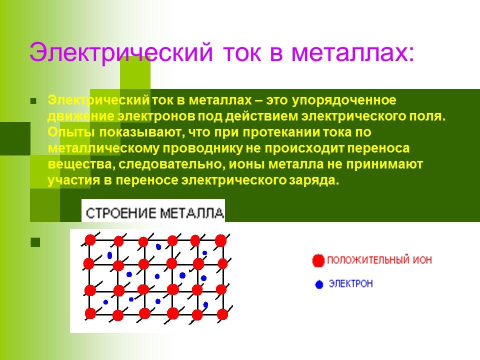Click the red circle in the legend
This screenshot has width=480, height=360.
coord(318,260)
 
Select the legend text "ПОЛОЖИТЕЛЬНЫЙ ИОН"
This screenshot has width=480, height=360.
coord(378,260)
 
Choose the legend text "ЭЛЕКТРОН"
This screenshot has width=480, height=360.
coord(350,284)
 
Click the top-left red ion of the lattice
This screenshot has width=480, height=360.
coord(90,240)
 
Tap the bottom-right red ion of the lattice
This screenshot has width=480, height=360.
coord(222,314)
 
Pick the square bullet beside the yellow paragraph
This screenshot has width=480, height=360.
coord(34,100)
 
